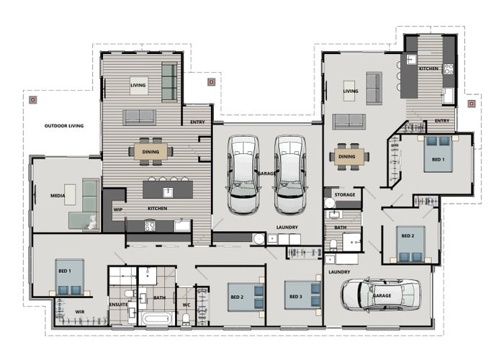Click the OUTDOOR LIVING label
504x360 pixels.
pos(64,126)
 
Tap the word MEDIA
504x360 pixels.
pos(58,195)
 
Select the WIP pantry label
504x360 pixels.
pos(118,210)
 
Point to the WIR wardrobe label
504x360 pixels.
pos(80,312)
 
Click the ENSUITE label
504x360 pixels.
pos(118,305)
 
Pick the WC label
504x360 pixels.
pos(186,305)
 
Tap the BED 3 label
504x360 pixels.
pos(296,297)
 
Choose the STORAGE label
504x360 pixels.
pos(345,195)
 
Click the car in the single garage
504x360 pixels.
pos(381,294)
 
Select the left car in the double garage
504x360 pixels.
pos(243,175)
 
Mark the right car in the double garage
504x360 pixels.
pos(290,175)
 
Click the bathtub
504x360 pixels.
pos(156,319)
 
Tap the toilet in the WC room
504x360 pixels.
pos(186,319)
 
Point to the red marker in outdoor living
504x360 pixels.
pos(33,100)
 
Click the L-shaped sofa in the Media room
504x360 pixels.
pos(84,205)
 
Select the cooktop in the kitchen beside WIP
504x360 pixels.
pos(150,225)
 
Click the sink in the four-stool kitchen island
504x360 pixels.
pos(168,192)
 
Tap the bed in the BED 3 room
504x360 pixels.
pos(303,295)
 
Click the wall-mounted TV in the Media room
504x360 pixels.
pos(34,194)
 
